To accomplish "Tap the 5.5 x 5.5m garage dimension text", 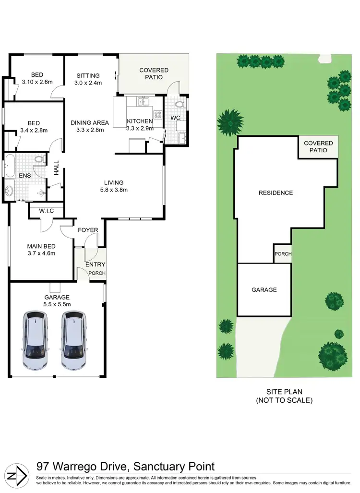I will [x=57, y=304].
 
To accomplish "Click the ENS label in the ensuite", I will [x=24, y=176].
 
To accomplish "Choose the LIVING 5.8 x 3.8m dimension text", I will [x=114, y=190].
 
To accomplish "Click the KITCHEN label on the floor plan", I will [x=140, y=121].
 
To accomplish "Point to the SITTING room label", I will [x=87, y=75].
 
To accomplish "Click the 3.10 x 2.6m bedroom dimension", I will [x=37, y=82].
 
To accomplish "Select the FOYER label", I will [x=88, y=230].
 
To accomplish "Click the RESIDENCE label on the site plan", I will [x=276, y=193].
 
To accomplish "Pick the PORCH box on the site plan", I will [x=283, y=254].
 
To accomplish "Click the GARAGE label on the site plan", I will [x=264, y=289].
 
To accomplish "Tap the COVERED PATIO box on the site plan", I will [x=318, y=147].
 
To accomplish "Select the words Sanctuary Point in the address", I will [x=173, y=466].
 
